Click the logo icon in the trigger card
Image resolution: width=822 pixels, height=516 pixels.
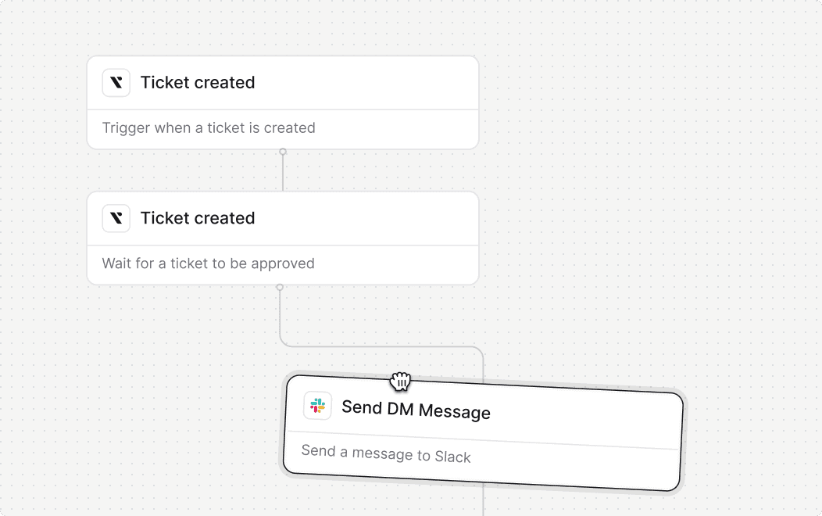coord(116,83)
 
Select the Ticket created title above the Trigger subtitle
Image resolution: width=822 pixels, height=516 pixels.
coord(198,83)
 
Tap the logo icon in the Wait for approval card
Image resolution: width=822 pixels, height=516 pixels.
coord(116,218)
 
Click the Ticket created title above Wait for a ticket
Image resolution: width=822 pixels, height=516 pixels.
coord(198,218)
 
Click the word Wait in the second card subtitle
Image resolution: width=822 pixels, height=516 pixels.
coord(117,263)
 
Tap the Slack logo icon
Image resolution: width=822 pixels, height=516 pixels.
coord(317,405)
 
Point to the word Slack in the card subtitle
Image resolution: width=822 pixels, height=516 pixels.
coord(453,457)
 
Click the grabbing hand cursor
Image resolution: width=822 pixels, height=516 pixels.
coord(401,382)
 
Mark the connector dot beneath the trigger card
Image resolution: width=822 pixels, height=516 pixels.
coord(283,152)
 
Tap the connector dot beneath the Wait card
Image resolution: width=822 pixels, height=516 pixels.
coord(280,288)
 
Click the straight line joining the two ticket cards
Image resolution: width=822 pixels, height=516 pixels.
coord(283,172)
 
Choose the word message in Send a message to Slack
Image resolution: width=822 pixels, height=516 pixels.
coord(371,453)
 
